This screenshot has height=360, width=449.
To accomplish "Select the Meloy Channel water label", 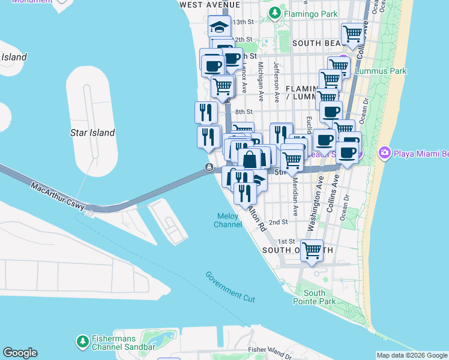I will (x=228, y=220).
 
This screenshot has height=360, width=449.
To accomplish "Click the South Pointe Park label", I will (x=314, y=297).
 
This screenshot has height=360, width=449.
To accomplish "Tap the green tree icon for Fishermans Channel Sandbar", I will (x=82, y=341).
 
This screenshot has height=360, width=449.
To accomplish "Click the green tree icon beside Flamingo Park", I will (x=274, y=12).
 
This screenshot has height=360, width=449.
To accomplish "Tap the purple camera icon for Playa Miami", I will (x=384, y=153).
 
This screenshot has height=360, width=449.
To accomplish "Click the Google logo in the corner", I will (x=20, y=353).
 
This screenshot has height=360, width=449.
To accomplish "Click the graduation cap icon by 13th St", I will (x=220, y=26).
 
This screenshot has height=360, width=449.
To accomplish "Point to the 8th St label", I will (x=244, y=112).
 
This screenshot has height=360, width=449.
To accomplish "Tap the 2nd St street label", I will (x=278, y=222).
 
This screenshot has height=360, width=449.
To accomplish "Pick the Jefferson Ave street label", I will (x=277, y=80).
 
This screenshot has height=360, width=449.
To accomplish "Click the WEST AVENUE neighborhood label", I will (x=205, y=4).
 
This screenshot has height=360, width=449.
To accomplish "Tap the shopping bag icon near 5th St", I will (x=250, y=160).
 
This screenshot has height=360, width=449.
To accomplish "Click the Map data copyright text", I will (x=412, y=355).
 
